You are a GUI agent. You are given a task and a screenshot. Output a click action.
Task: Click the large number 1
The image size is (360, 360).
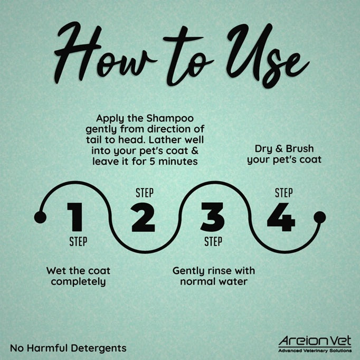[75, 217]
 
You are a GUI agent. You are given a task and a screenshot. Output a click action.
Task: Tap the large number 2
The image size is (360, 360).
[143, 217]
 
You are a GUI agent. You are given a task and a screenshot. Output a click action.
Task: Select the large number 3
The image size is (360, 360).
[212, 217]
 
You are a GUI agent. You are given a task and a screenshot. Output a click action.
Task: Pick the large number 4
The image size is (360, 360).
[281, 217]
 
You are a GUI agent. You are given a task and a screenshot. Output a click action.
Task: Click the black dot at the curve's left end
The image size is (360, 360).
[40, 217]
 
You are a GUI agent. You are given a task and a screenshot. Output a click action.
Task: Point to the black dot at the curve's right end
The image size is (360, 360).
[319, 217]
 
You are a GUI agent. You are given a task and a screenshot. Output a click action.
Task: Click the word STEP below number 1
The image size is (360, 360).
[78, 242]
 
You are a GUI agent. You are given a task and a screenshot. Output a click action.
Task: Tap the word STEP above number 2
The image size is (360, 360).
[145, 193]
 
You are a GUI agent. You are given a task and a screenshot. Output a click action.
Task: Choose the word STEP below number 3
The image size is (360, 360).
[213, 242]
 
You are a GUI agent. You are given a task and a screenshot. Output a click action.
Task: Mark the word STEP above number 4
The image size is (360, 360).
[284, 193]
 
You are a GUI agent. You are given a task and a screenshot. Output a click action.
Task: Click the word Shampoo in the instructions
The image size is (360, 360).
[170, 119]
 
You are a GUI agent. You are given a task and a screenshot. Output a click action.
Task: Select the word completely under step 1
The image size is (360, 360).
[78, 282]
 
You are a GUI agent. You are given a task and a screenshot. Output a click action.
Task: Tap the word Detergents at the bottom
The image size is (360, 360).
[99, 348]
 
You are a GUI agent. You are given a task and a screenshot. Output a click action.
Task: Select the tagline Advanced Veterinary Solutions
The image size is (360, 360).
[315, 350]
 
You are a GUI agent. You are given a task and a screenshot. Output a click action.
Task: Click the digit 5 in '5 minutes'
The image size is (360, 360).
[152, 162]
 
